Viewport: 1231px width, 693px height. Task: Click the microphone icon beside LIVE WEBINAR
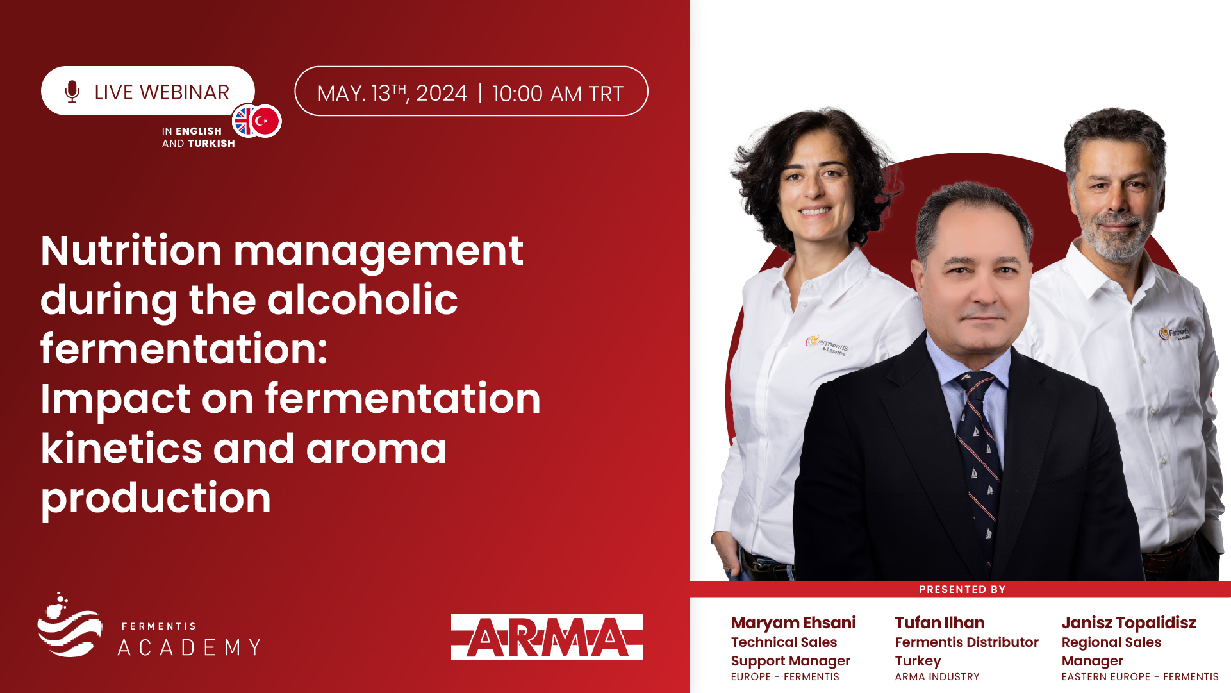click(x=72, y=92)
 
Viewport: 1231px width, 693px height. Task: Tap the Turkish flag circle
click(x=265, y=121)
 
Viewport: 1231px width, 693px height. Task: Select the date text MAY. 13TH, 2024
click(x=393, y=94)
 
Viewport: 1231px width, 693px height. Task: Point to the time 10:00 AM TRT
click(x=558, y=94)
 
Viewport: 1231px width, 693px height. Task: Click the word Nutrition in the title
click(x=131, y=250)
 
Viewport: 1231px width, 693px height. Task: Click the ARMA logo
click(x=547, y=637)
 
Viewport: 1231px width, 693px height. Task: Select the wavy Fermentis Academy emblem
click(x=69, y=626)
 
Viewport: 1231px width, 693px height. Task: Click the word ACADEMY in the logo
click(x=190, y=647)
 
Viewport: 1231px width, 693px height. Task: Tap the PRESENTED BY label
click(x=962, y=589)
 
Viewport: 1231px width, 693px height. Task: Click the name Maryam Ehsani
click(x=793, y=622)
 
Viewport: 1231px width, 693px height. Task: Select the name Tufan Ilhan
click(x=939, y=622)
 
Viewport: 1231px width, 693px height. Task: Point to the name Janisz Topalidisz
click(x=1128, y=622)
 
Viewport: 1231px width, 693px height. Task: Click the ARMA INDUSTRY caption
click(x=937, y=676)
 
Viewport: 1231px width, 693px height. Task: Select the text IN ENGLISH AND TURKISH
click(x=199, y=137)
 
